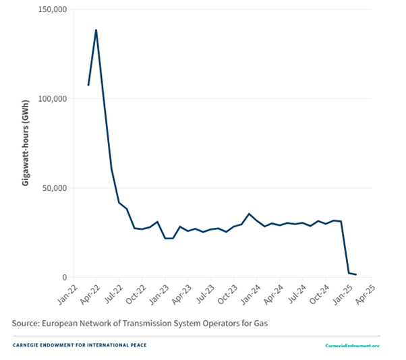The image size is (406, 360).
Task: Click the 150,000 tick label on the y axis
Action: click(51, 10)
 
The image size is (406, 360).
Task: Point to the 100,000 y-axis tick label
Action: click(51, 99)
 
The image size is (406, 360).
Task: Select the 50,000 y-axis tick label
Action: click(54, 188)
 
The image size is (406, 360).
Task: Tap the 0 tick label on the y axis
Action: click(64, 277)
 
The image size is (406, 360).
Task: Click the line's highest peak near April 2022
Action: click(96, 30)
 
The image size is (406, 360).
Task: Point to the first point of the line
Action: click(88, 85)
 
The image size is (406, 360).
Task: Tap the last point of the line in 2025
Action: click(356, 274)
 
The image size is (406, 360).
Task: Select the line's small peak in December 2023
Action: click(249, 214)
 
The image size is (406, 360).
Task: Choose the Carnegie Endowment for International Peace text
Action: click(80, 345)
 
